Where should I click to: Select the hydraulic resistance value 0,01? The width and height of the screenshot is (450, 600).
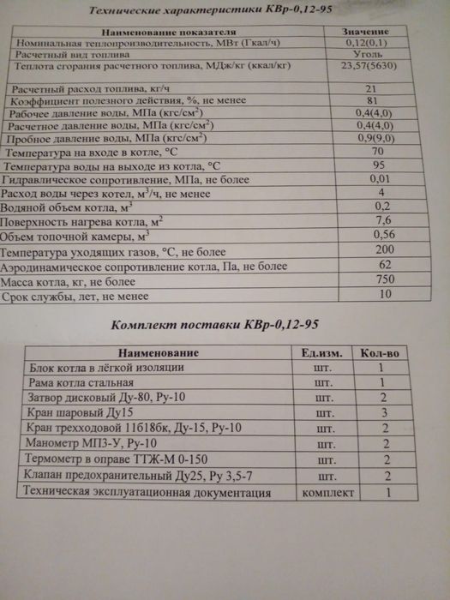click(x=371, y=179)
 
